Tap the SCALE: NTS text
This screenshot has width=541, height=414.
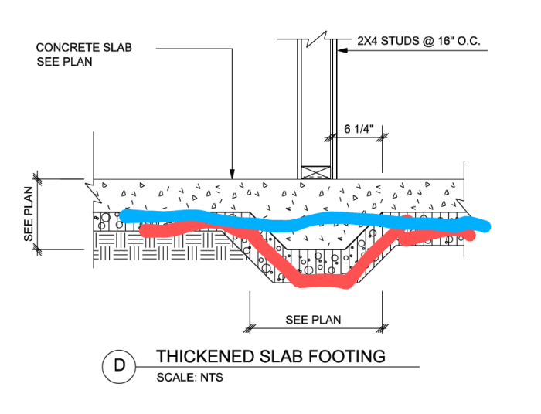pyautogui.click(x=189, y=378)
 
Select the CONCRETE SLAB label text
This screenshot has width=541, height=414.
pyautogui.click(x=83, y=47)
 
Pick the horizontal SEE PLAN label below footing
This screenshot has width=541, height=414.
pyautogui.click(x=313, y=319)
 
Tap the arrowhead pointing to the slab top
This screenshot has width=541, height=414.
pyautogui.click(x=231, y=174)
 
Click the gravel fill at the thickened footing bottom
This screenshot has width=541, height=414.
pyautogui.click(x=317, y=266)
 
